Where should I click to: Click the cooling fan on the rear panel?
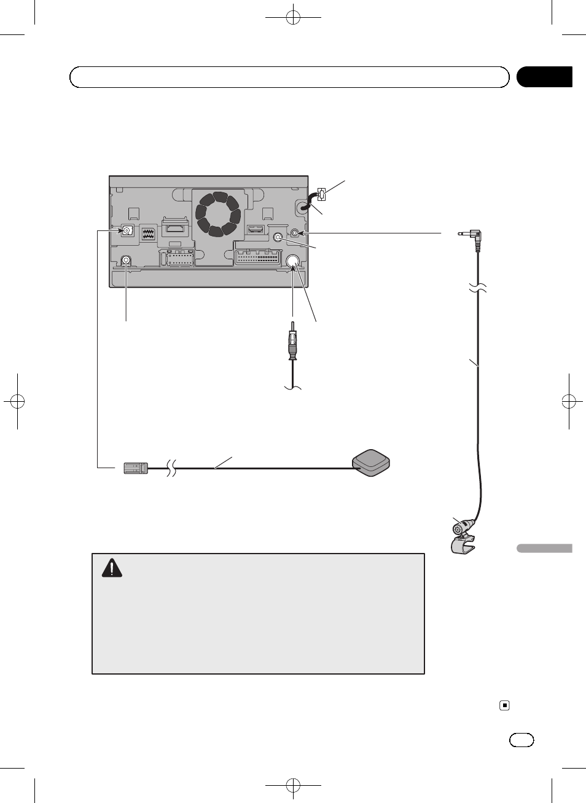click(x=217, y=214)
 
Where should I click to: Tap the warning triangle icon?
click(x=112, y=568)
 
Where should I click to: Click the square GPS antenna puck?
click(x=370, y=463)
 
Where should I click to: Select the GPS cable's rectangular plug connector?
click(x=136, y=468)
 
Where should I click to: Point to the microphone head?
click(x=461, y=527)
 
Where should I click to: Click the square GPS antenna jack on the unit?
click(x=127, y=232)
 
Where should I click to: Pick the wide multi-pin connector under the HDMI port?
click(x=257, y=256)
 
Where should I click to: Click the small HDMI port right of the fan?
click(x=254, y=230)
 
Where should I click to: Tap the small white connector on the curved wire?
click(x=321, y=195)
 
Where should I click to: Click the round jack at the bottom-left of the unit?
click(x=126, y=260)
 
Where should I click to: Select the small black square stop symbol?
click(x=504, y=705)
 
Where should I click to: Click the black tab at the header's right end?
click(x=544, y=77)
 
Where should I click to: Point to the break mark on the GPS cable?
click(x=172, y=468)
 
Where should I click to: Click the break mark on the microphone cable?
click(x=478, y=287)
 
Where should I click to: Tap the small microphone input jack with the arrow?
click(x=296, y=233)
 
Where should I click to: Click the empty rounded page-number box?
click(x=522, y=740)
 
